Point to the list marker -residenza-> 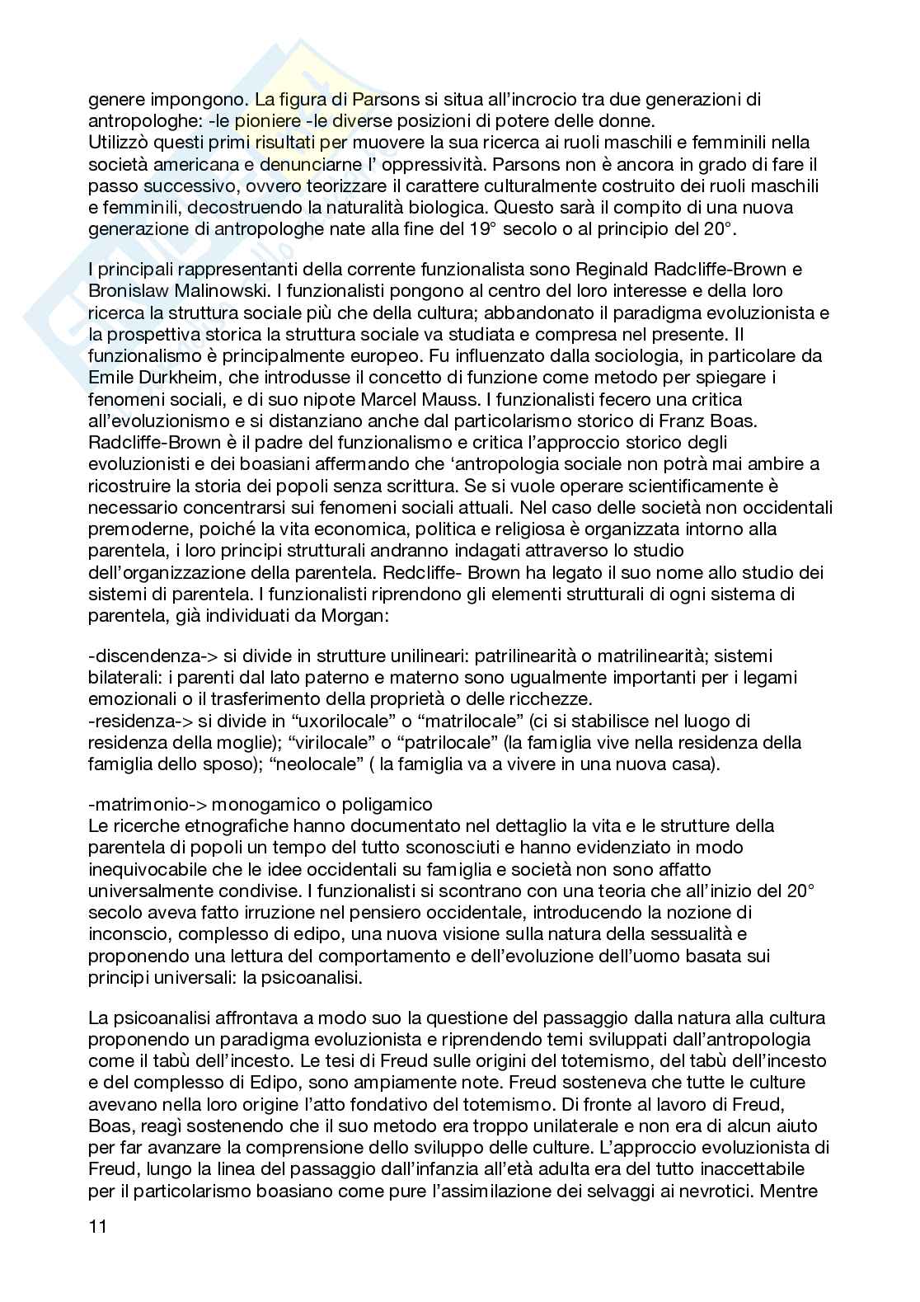coord(135,722)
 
